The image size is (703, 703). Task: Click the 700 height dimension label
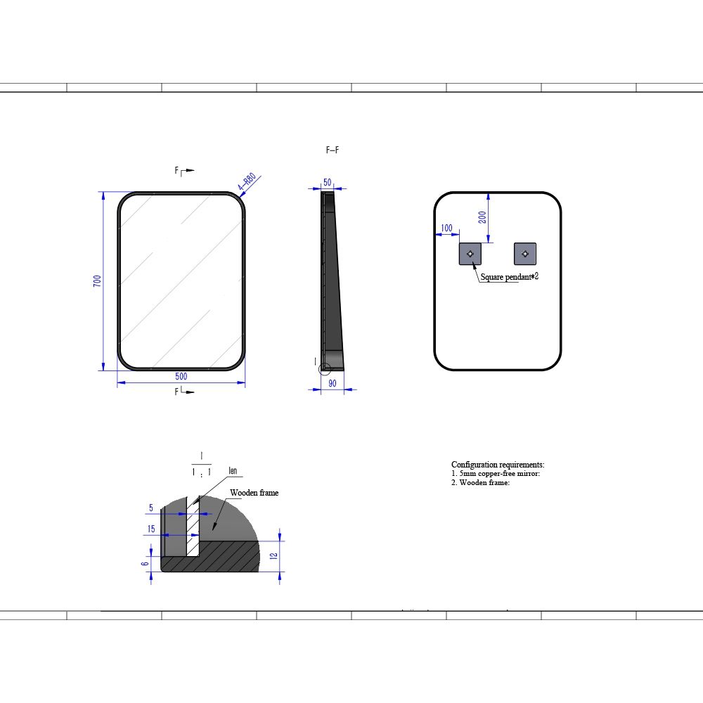click(97, 281)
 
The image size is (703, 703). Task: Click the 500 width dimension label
click(181, 376)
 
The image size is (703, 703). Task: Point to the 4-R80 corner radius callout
click(247, 181)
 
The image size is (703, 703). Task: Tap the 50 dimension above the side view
click(328, 183)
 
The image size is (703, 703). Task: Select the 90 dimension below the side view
click(333, 383)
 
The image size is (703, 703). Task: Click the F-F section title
click(333, 150)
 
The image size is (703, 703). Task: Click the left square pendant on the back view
click(470, 254)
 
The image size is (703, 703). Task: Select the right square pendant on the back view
click(525, 254)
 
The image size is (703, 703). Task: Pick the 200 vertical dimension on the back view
click(482, 217)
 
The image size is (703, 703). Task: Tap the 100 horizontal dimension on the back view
click(447, 228)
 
